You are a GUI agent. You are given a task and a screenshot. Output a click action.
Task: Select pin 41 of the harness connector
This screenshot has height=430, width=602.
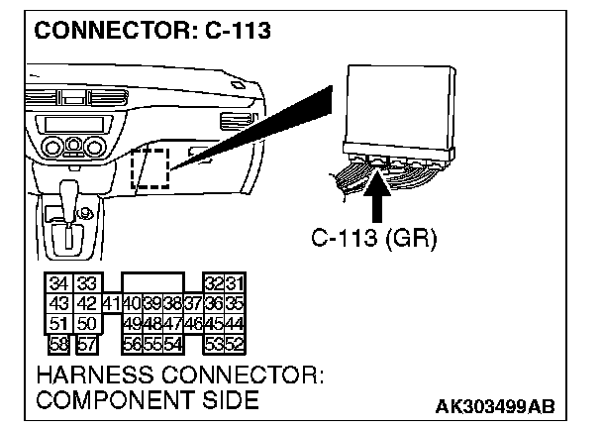click(x=109, y=302)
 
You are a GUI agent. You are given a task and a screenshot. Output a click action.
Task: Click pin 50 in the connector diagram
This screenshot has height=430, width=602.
click(x=86, y=322)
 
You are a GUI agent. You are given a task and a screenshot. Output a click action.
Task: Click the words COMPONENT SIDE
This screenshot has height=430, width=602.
click(x=148, y=401)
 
